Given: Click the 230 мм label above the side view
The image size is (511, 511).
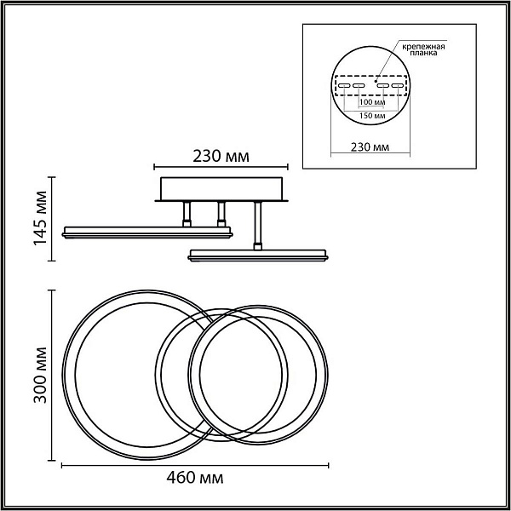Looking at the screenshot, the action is (221, 157).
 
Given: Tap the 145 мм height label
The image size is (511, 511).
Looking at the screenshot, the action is (40, 218).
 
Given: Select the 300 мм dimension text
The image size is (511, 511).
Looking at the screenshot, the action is (40, 375).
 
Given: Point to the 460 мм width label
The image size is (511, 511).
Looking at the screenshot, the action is (195, 478).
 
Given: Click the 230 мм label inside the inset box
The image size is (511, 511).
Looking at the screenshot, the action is (370, 147).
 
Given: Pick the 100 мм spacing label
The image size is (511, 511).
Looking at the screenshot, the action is (372, 102).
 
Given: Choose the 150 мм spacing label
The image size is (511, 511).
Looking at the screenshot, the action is (372, 116).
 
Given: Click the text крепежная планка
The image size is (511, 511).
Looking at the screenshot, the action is (423, 49).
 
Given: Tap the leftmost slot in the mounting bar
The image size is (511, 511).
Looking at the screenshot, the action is (344, 86).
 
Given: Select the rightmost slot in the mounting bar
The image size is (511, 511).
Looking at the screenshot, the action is (398, 86).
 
